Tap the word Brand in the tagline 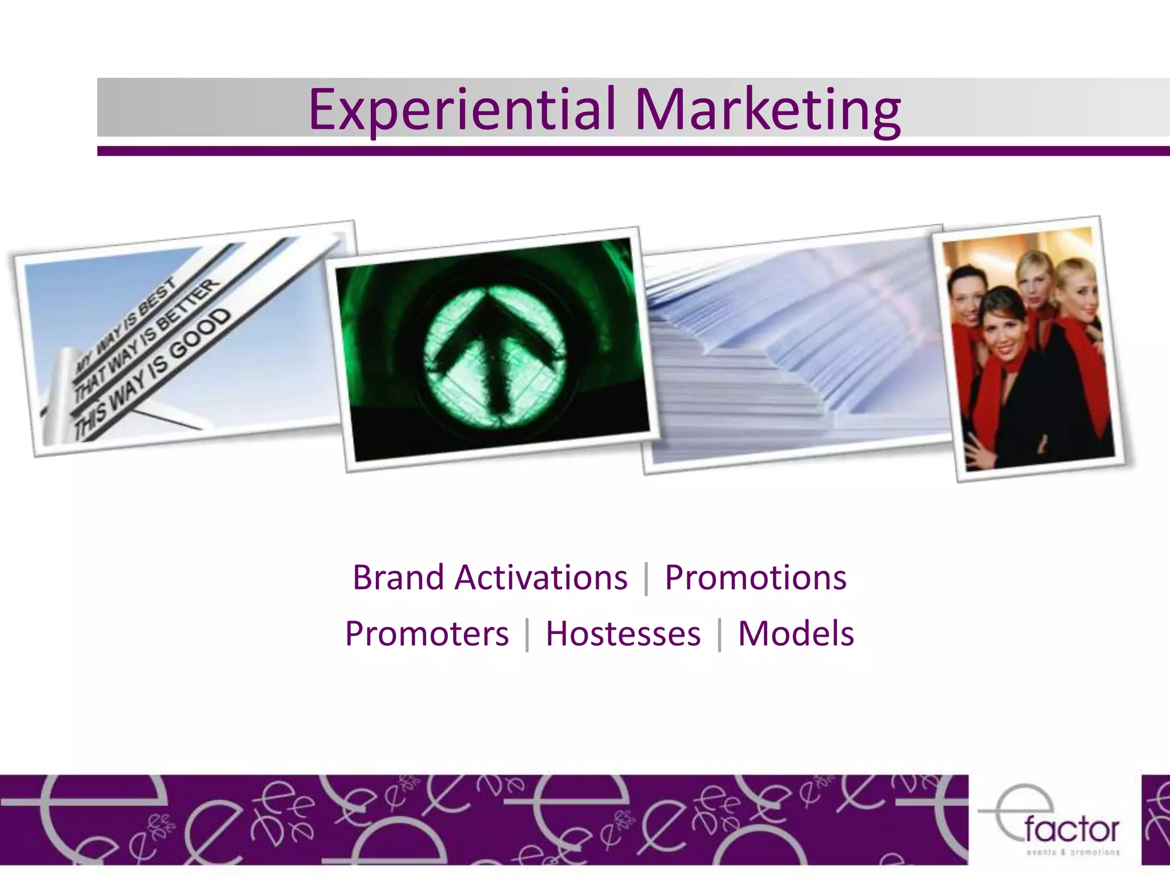point(398,577)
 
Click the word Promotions point(755,577)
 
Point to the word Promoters point(426,634)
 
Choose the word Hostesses point(623,634)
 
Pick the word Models point(796,634)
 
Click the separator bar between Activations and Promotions point(646,578)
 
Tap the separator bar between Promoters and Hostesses point(527,634)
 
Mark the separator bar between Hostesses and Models point(719,634)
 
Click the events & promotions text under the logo point(1073,852)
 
